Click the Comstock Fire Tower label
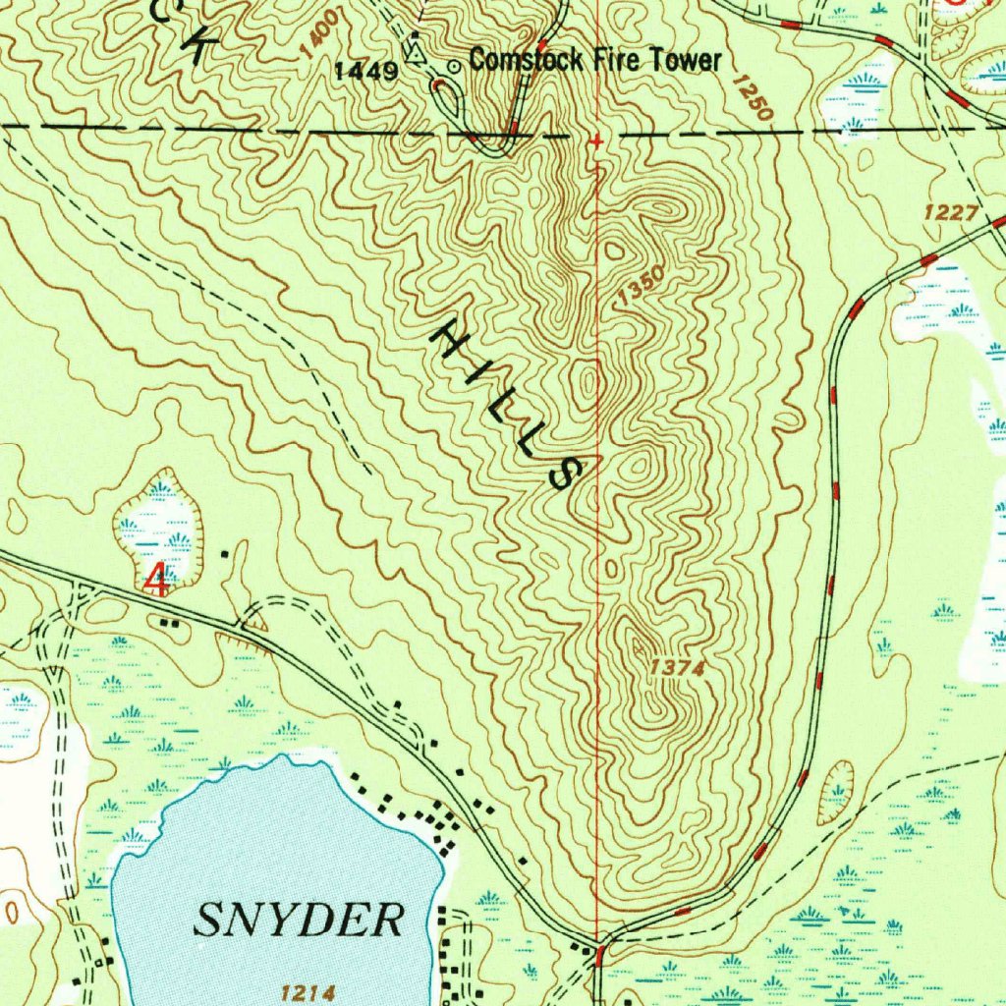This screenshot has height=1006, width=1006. [594, 61]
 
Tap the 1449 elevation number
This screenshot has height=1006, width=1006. [366, 71]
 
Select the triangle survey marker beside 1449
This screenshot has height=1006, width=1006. [417, 51]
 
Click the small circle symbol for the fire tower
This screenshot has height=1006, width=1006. [454, 66]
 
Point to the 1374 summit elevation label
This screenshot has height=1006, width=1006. [678, 669]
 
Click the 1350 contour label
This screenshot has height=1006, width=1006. [643, 285]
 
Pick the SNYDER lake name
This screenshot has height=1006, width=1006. [300, 921]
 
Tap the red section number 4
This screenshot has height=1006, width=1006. [156, 580]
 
